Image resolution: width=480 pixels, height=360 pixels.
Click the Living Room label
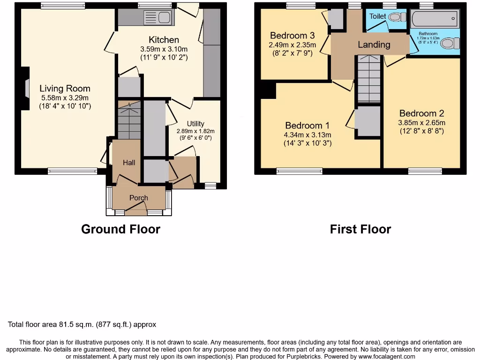coord(65,89)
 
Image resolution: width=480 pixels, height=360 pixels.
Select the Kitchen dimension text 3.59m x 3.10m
coord(164,49)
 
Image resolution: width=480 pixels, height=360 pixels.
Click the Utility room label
coord(195,124)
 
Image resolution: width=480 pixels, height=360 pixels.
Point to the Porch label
coord(139,198)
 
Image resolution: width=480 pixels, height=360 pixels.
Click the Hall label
coord(129,163)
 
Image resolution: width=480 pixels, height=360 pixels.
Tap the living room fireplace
coord(25,89)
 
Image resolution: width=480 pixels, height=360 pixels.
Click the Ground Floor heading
coord(120,229)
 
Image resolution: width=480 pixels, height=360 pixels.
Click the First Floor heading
coord(360,229)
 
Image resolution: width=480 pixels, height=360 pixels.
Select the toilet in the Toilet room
coord(397,17)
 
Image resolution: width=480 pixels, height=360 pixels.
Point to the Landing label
coord(374,45)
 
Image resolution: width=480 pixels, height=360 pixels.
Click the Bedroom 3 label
coord(292,36)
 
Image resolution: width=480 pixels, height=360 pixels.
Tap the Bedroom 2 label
coord(421,113)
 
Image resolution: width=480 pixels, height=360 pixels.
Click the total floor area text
coord(82,324)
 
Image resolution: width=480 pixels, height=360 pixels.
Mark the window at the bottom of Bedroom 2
coord(425,171)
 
